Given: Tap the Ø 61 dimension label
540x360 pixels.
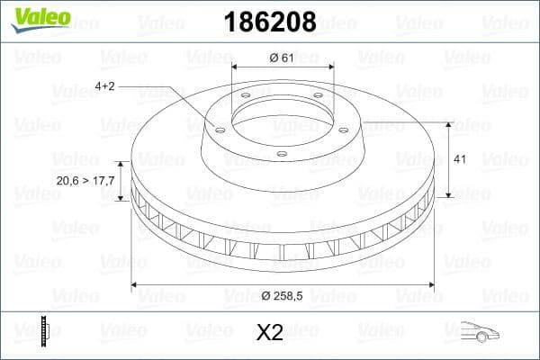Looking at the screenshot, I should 282,58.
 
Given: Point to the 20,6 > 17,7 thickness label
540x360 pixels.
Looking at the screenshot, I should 85,181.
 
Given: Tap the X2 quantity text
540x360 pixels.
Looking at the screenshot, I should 269,333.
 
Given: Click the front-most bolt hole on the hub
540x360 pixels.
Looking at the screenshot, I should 281,154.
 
